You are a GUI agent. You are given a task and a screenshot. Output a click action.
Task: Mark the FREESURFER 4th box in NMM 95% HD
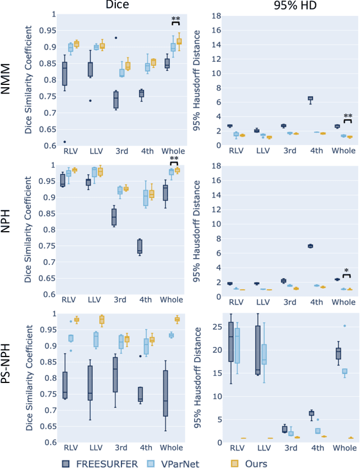309,98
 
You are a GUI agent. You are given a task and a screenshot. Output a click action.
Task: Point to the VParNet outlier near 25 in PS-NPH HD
344,326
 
